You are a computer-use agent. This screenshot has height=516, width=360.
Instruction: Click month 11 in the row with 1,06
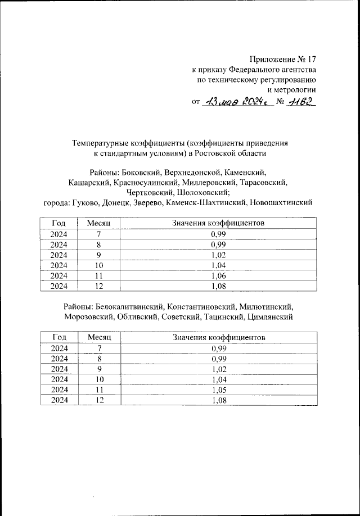100,275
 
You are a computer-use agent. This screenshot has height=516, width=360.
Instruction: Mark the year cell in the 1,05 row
59,390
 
